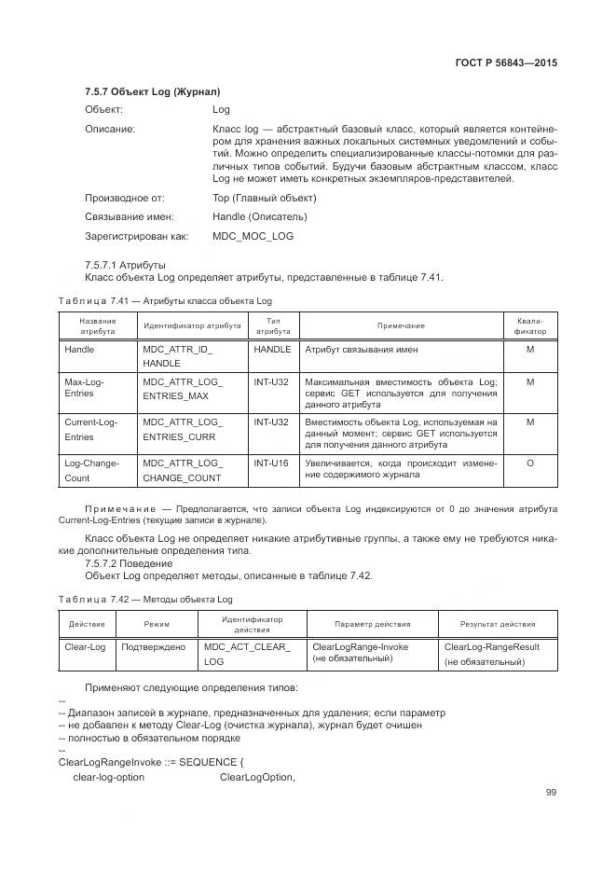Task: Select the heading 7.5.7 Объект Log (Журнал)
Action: click(x=152, y=92)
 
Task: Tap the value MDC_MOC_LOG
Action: click(x=253, y=236)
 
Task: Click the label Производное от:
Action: click(x=125, y=198)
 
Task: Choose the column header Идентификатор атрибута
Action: click(x=191, y=325)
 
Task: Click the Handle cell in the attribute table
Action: click(x=79, y=350)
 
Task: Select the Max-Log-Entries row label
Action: click(x=84, y=388)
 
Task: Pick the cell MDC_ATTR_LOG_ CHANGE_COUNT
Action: click(x=182, y=470)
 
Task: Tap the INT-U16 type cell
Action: click(x=271, y=463)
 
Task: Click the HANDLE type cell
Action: click(x=272, y=350)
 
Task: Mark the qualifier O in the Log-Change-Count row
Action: click(x=529, y=463)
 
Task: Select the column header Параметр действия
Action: click(x=372, y=624)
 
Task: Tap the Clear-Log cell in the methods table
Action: click(x=86, y=646)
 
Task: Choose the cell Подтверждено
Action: click(x=154, y=646)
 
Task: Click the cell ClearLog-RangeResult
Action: click(x=492, y=646)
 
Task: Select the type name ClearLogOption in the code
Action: click(x=257, y=777)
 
